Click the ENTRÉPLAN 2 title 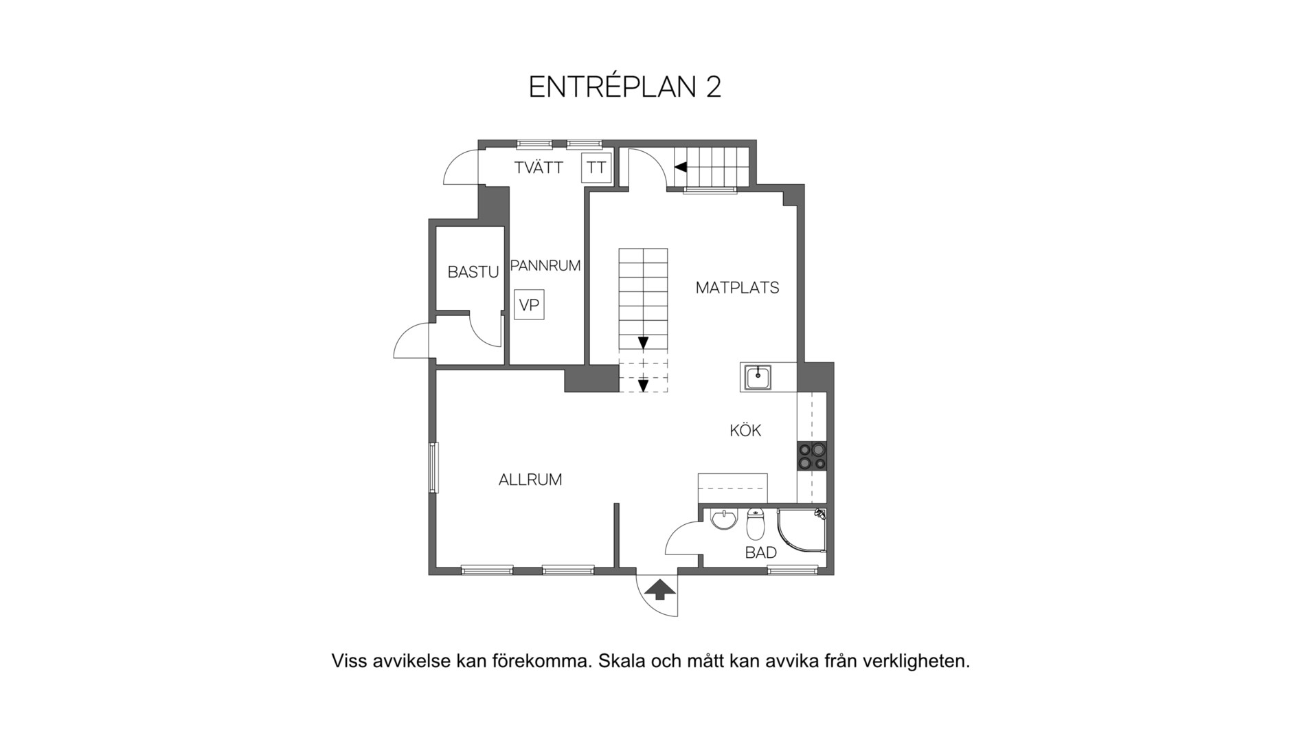624,87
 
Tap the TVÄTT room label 539,167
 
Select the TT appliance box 596,168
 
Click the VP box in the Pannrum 529,305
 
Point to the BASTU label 473,272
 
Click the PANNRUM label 545,265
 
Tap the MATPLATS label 737,288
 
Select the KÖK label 745,430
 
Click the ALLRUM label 530,480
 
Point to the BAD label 761,552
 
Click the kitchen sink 758,377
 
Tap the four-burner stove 811,456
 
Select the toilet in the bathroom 755,524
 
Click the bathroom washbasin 724,520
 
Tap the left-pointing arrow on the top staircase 681,167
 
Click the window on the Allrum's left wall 433,468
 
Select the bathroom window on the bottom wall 793,570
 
